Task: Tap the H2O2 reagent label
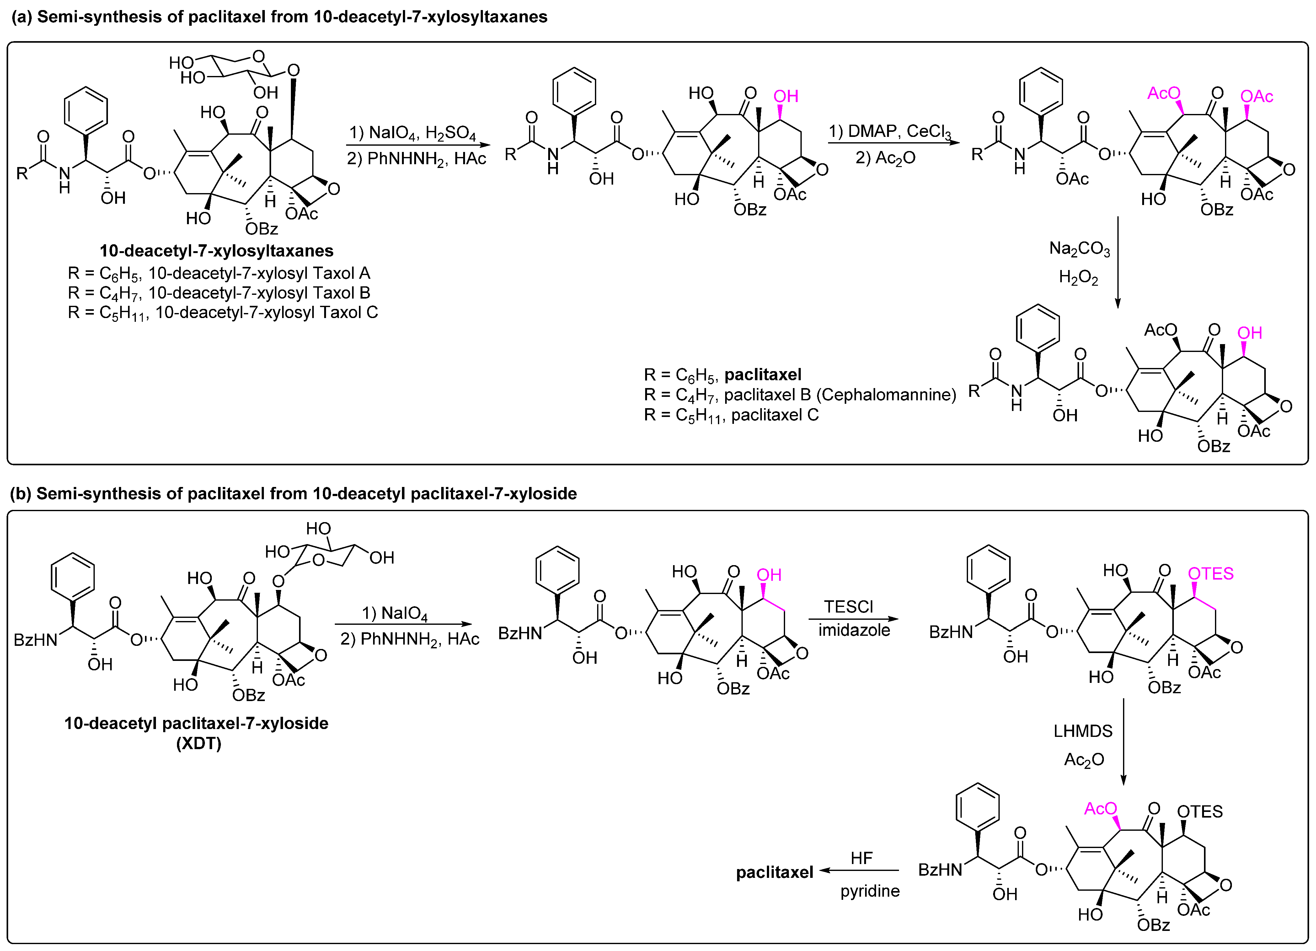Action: click(1078, 278)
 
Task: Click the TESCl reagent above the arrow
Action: click(848, 607)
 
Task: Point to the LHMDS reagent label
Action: click(1083, 731)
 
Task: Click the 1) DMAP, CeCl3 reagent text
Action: click(890, 132)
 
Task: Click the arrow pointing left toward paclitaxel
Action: click(859, 870)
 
